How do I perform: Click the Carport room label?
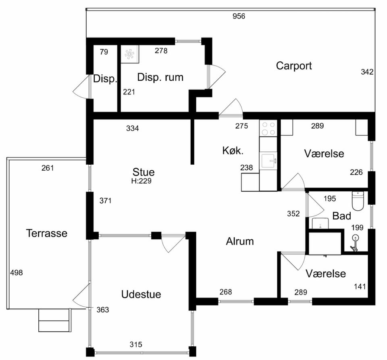[294, 66]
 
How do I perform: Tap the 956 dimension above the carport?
[239, 16]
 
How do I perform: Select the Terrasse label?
[47, 233]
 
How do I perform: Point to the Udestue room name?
[141, 294]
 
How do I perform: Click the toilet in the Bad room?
[358, 201]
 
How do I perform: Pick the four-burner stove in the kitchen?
[268, 128]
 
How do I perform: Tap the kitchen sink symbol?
[268, 161]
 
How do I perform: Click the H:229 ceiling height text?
[141, 181]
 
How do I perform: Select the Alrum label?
[239, 241]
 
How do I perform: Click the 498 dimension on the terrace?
[16, 272]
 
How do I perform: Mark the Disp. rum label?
[160, 77]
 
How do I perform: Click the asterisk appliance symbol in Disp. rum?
[129, 54]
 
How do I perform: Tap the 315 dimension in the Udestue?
[136, 344]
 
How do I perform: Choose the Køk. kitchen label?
[233, 151]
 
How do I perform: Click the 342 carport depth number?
[367, 72]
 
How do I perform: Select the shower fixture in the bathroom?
[354, 243]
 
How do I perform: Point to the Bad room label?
[341, 216]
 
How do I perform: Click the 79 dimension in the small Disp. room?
[104, 52]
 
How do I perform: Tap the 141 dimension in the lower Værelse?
[360, 287]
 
